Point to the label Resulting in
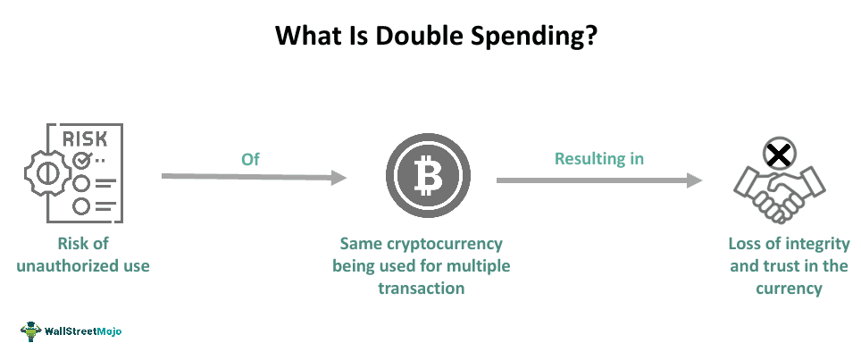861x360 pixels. [599, 159]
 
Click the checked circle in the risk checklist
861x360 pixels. [83, 161]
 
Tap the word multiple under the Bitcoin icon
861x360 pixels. [482, 265]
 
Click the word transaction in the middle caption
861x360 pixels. [421, 288]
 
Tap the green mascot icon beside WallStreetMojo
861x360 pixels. [30, 331]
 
